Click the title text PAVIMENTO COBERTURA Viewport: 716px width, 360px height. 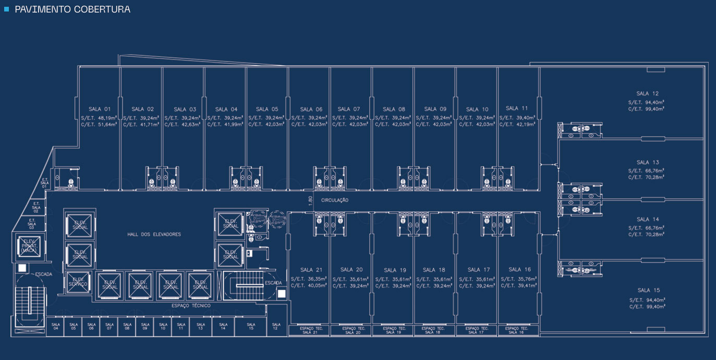click(72, 9)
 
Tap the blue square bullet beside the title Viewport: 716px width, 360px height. click(7, 9)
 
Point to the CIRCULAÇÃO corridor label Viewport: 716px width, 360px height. click(335, 200)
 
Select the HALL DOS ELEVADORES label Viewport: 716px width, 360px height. click(154, 235)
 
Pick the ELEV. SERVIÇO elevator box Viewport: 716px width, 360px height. click(78, 282)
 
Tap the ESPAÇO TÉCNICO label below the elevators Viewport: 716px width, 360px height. click(191, 306)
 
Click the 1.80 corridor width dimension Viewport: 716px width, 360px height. click(310, 200)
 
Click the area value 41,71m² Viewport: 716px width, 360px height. click(150, 125)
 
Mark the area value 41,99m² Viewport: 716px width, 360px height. click(234, 125)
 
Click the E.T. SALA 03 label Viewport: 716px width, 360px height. click(32, 224)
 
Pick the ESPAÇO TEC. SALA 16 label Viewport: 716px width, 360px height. click(518, 330)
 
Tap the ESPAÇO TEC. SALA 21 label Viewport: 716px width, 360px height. click(310, 330)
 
